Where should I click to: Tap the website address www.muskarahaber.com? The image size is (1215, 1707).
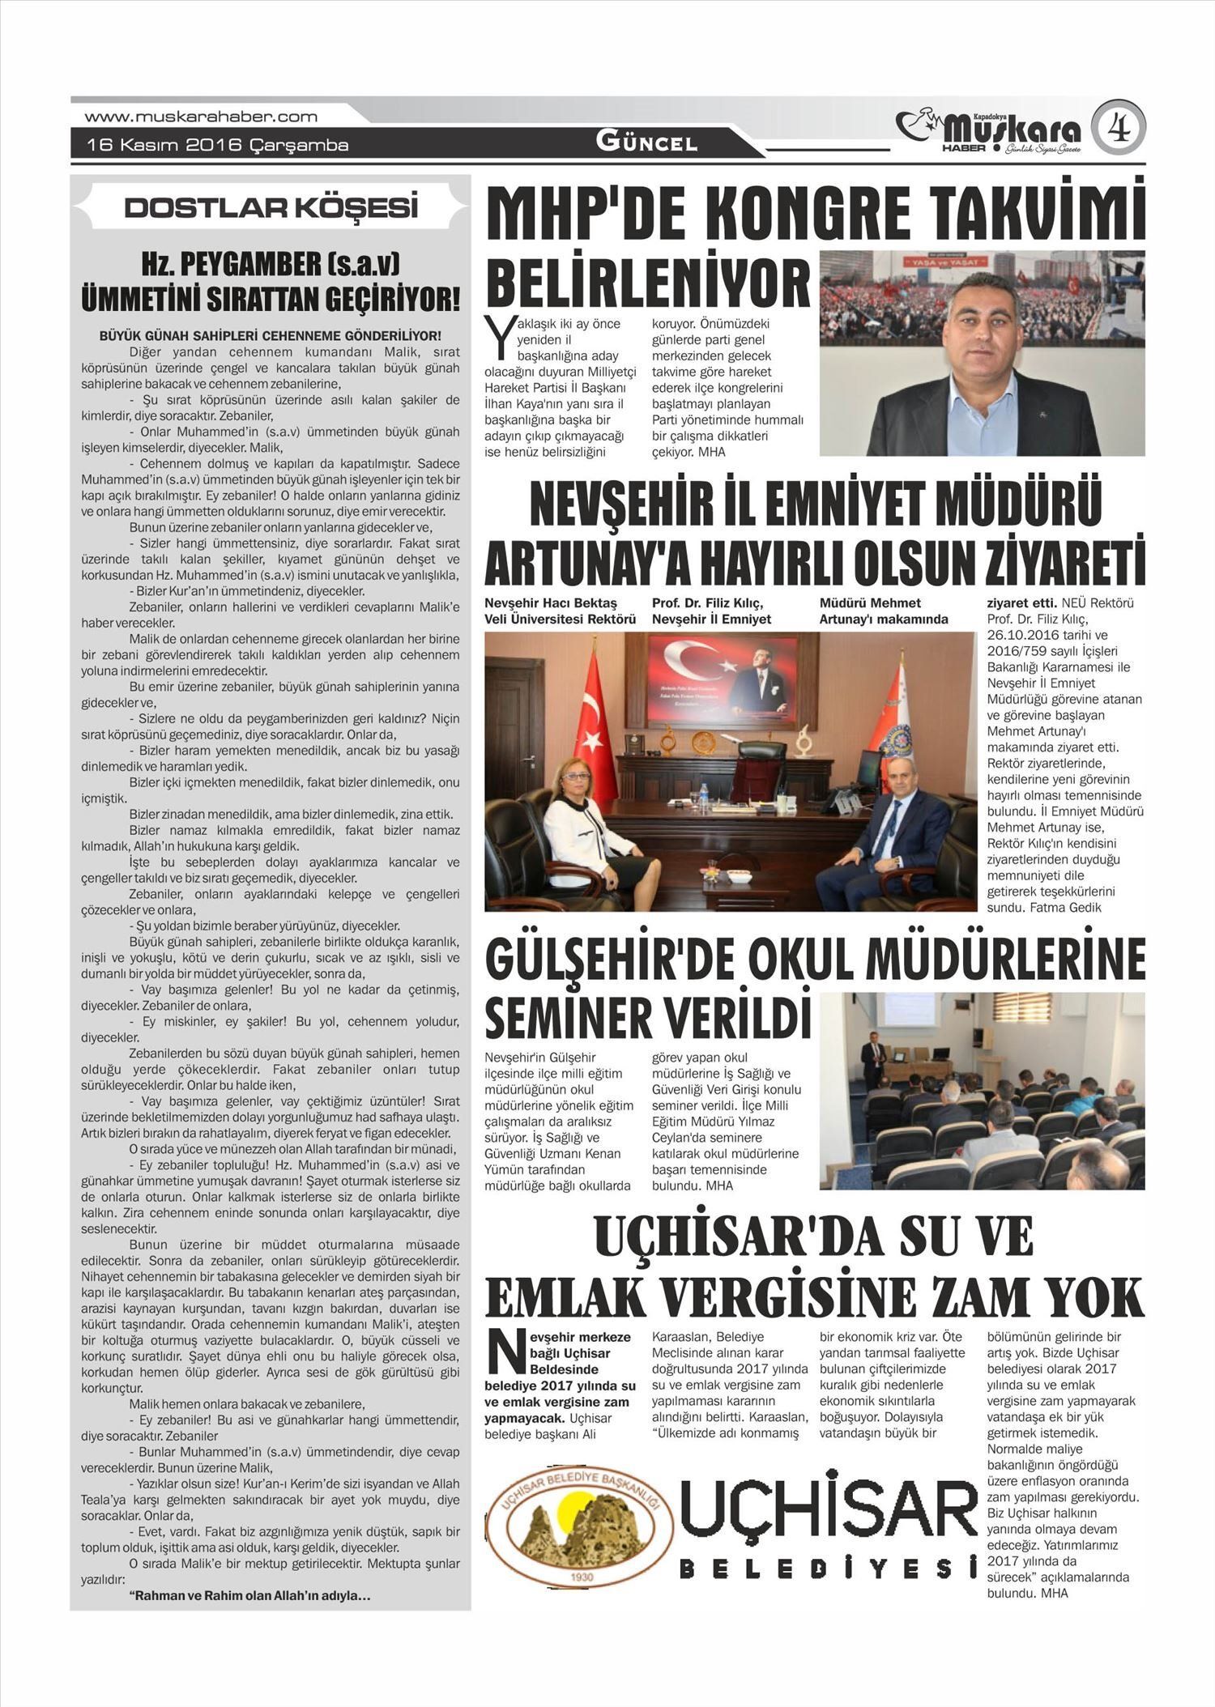click(x=201, y=117)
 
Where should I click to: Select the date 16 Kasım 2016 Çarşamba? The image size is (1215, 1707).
click(x=218, y=146)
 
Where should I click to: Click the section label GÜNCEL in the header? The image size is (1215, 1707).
click(x=646, y=143)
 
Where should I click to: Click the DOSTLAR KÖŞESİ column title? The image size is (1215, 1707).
click(x=271, y=207)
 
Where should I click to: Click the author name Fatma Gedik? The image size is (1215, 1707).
click(x=1065, y=907)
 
